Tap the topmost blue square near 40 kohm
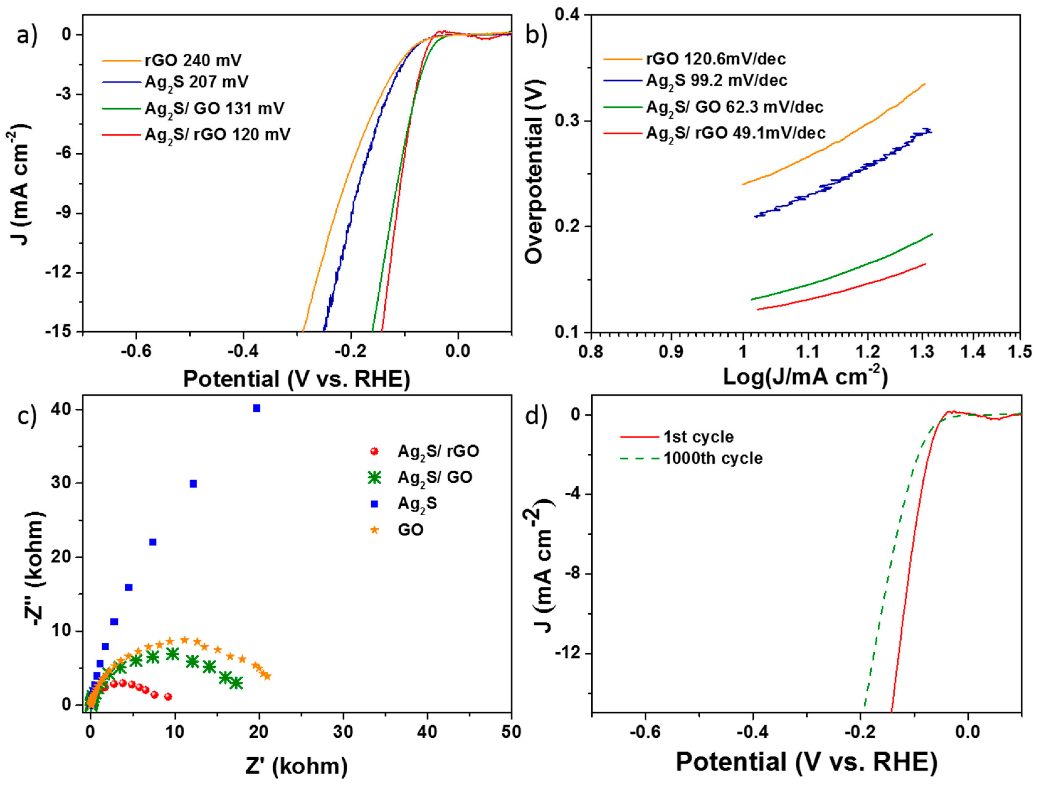[257, 408]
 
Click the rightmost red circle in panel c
[168, 696]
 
